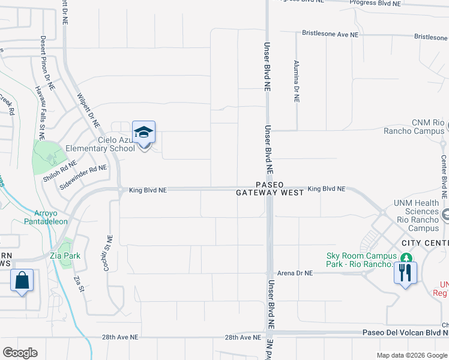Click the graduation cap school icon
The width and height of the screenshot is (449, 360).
(x=144, y=132)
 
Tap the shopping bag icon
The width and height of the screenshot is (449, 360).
(x=22, y=280)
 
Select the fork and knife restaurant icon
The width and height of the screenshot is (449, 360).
(x=405, y=273)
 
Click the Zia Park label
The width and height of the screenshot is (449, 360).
(x=66, y=256)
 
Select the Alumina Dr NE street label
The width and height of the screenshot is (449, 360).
(x=297, y=81)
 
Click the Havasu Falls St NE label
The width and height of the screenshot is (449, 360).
(x=41, y=109)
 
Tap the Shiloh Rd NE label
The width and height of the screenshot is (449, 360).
(x=59, y=171)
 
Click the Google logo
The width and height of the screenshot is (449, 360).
(x=20, y=353)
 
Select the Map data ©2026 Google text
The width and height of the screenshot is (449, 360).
(x=411, y=356)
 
